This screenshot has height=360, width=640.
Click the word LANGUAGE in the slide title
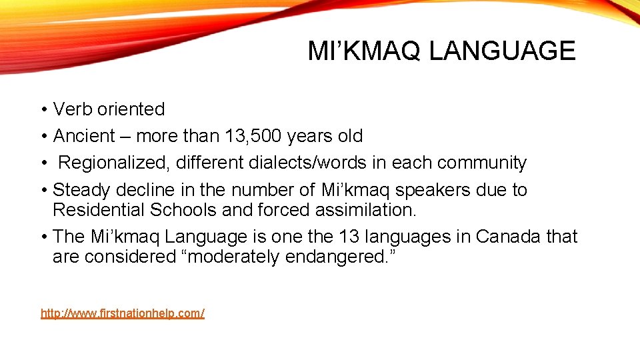point(502,51)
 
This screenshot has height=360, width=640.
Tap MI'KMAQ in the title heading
point(365,51)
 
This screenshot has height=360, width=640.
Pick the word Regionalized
point(115,163)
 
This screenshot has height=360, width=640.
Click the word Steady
point(81,190)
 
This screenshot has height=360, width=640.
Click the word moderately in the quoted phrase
point(231,257)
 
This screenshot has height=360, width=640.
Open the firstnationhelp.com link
point(123,313)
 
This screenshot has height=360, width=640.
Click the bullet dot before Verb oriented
point(43,110)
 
